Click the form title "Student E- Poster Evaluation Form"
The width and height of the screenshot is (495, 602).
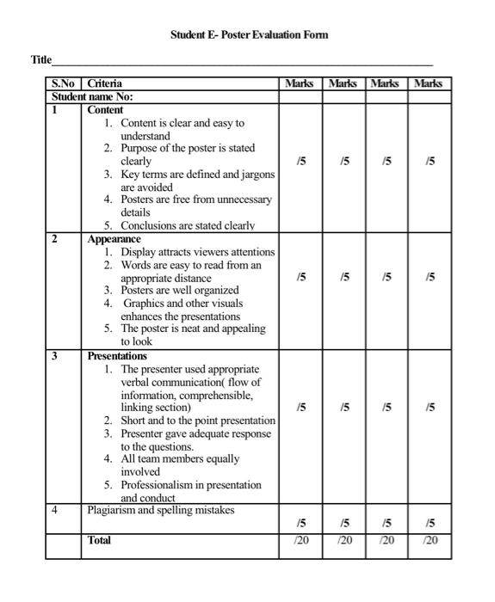[x=249, y=35]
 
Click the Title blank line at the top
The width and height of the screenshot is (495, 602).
[x=241, y=63]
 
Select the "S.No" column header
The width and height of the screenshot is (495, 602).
[x=64, y=84]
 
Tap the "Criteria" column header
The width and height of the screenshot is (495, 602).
[x=105, y=84]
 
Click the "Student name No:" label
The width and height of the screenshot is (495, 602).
[x=92, y=97]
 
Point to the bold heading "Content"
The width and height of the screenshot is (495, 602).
[x=106, y=110]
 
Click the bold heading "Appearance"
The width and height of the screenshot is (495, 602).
[x=114, y=239]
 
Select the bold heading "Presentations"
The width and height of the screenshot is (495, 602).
[x=117, y=355]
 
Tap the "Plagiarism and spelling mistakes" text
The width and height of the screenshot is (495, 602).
[x=161, y=510]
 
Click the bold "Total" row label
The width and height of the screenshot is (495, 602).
[x=99, y=540]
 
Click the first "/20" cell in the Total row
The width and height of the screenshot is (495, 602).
[x=300, y=540]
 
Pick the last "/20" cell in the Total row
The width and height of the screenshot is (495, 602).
[x=430, y=540]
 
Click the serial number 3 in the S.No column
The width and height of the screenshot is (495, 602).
[x=55, y=355]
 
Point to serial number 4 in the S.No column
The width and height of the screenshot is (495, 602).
[x=55, y=510]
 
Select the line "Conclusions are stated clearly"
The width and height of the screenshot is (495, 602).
[x=188, y=226]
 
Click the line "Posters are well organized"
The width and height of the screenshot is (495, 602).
[x=179, y=290]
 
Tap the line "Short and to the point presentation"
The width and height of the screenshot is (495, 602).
[x=198, y=421]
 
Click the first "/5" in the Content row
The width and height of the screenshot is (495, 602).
[x=300, y=161]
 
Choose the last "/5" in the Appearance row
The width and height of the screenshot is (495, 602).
[x=430, y=277]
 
